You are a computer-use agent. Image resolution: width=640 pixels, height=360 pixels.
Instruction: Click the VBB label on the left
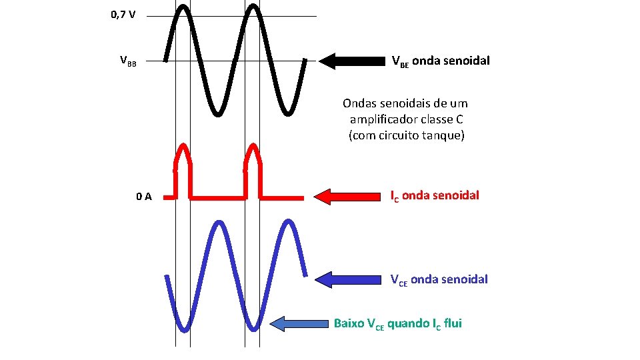pyautogui.click(x=127, y=62)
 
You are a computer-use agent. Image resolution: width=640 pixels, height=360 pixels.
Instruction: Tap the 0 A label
pyautogui.click(x=143, y=197)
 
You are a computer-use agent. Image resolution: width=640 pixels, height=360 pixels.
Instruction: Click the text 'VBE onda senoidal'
pyautogui.click(x=440, y=61)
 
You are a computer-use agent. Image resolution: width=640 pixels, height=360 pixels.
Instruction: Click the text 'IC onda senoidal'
pyautogui.click(x=434, y=196)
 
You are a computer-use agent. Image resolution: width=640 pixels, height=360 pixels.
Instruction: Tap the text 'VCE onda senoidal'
pyautogui.click(x=439, y=279)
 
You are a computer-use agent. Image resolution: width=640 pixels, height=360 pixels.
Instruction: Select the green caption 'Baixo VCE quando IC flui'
pyautogui.click(x=397, y=324)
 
